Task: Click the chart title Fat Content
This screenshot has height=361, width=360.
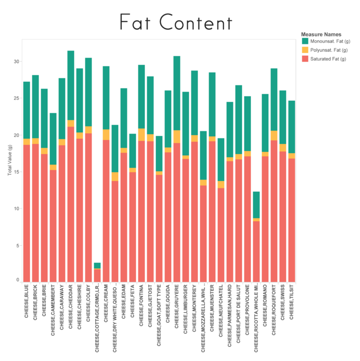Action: point(175,23)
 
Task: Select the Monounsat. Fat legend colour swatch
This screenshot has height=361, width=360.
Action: point(305,41)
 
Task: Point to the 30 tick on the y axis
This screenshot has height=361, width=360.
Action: point(16,62)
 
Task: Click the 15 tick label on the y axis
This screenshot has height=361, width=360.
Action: point(16,172)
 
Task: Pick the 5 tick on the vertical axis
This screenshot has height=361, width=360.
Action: point(17,245)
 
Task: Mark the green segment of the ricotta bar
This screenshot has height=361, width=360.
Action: point(256,205)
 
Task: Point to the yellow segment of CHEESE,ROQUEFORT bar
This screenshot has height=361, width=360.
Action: point(274,135)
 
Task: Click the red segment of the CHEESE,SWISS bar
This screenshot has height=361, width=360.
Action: point(283,216)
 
